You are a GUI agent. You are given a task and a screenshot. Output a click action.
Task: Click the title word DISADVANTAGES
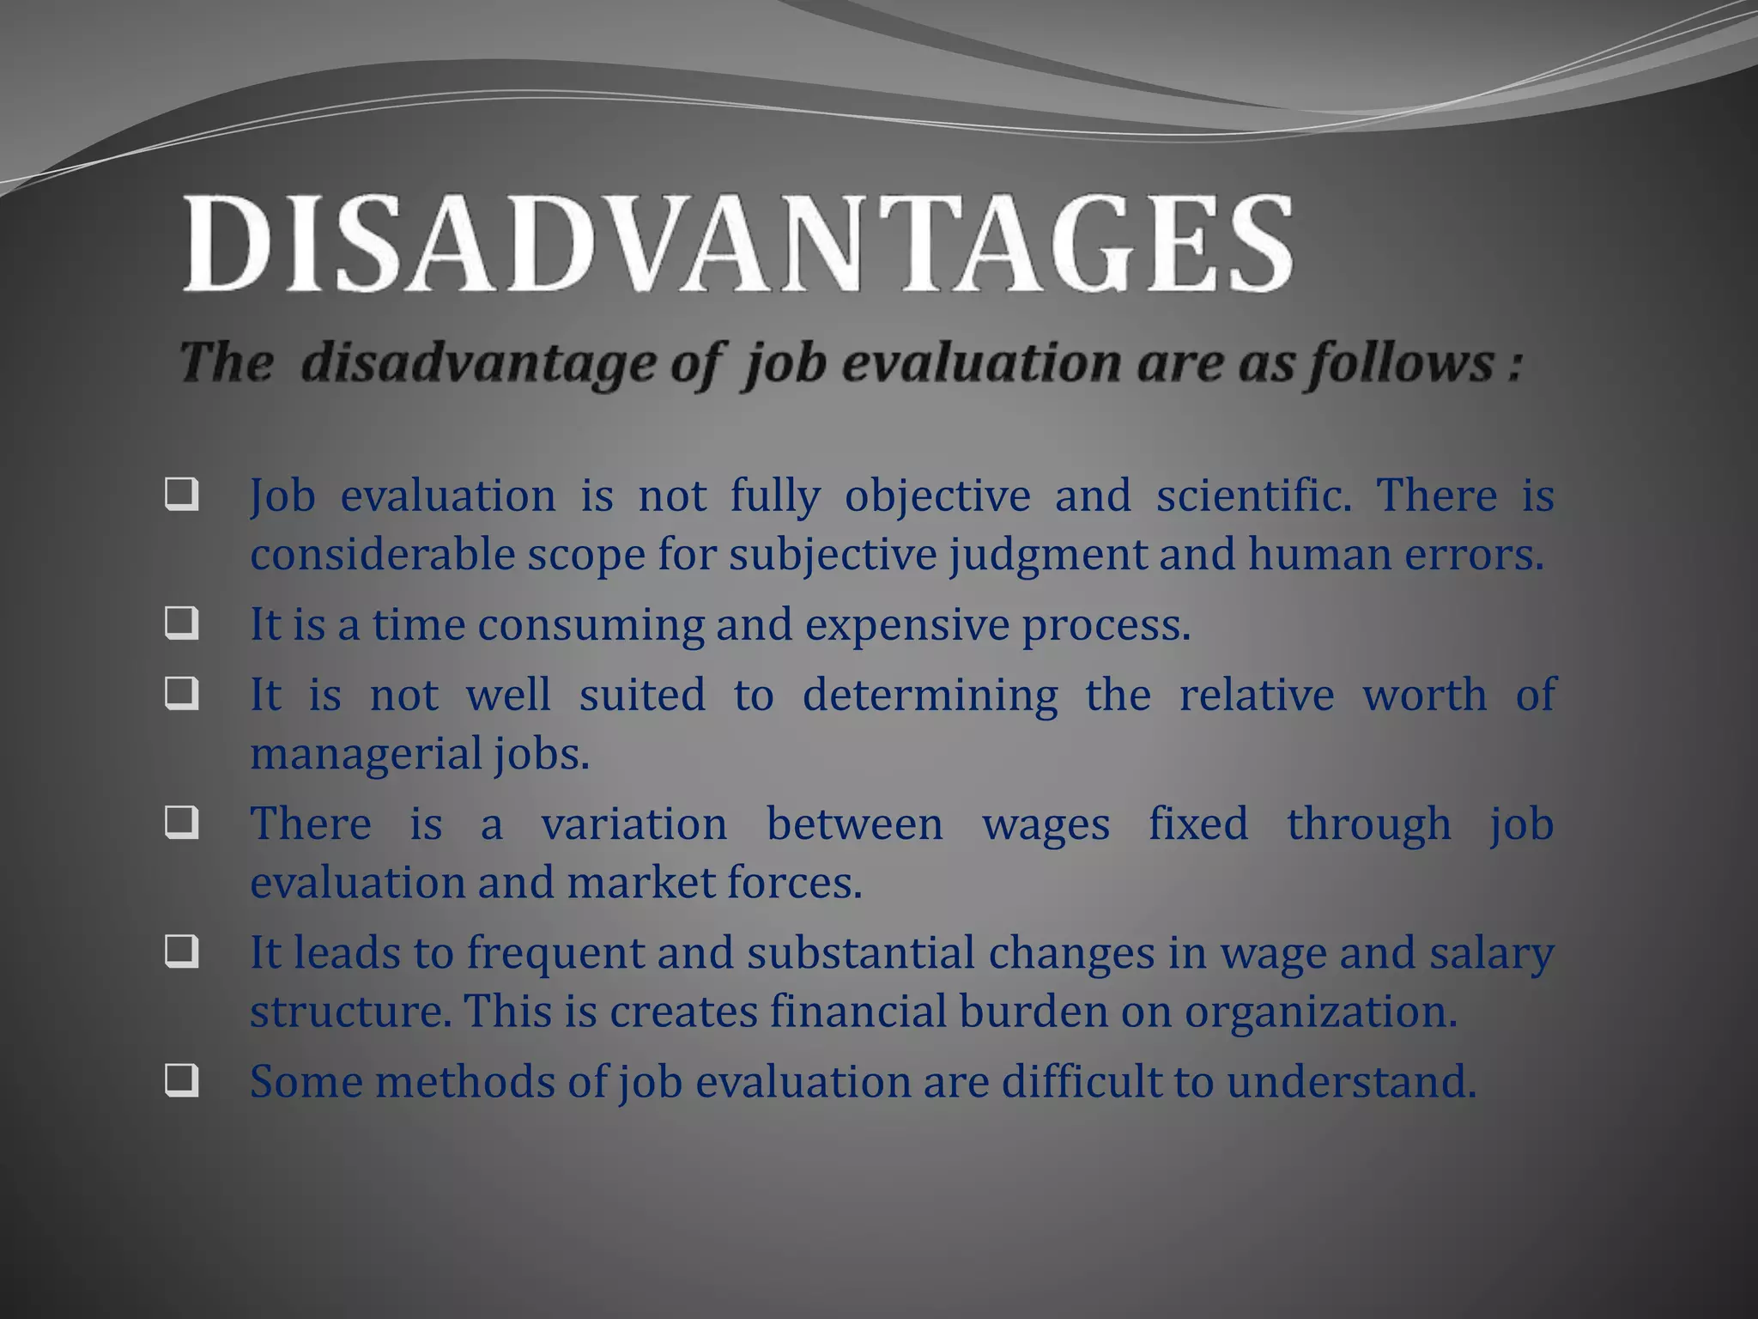[x=738, y=244]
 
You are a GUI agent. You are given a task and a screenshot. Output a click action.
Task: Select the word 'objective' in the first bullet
[x=937, y=496]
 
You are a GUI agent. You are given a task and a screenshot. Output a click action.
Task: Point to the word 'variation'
[x=634, y=824]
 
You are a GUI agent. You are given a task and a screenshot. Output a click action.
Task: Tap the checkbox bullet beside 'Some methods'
[x=181, y=1081]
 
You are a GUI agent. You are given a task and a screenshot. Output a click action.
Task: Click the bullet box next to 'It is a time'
[x=181, y=623]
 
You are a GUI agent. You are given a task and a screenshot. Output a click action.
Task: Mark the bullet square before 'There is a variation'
[x=181, y=824]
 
